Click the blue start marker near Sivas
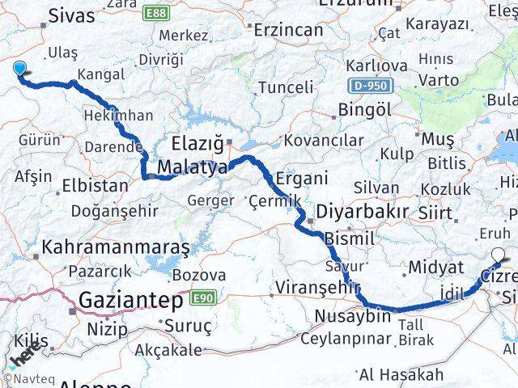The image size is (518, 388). tap(19, 70)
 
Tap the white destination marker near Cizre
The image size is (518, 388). tap(497, 259)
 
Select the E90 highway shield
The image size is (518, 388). tap(202, 298)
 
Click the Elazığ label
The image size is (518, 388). tap(197, 144)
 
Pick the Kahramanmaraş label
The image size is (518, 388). tap(117, 244)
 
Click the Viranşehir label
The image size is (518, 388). tap(317, 287)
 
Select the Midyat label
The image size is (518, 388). tap(436, 268)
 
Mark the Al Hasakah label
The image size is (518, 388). tap(401, 373)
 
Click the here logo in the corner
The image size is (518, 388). tap(24, 354)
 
